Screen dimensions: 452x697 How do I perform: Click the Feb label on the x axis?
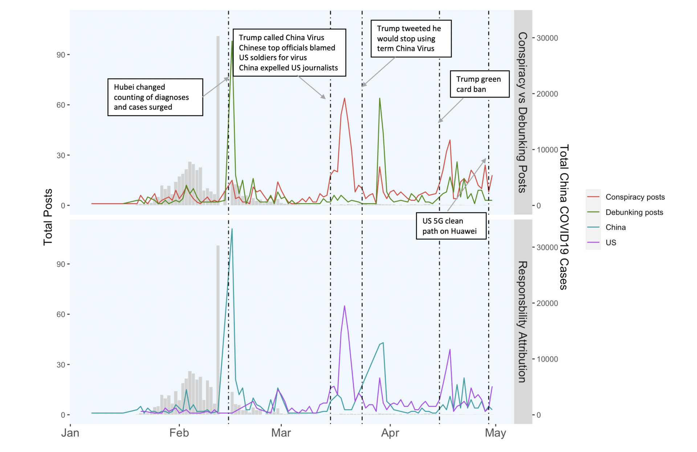(179, 433)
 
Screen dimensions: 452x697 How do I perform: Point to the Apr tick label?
(390, 433)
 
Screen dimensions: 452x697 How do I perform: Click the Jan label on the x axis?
(70, 433)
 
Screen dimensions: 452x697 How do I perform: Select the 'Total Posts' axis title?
(48, 217)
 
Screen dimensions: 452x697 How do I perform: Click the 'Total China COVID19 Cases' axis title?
(563, 217)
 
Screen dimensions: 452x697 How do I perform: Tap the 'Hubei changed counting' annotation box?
(155, 97)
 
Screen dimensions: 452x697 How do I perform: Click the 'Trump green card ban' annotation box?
(480, 84)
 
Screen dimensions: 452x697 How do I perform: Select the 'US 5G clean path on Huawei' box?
(451, 226)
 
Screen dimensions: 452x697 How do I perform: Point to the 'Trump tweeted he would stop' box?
(411, 38)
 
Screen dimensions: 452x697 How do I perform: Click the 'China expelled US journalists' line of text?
(288, 68)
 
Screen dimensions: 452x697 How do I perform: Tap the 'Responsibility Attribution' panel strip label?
(522, 321)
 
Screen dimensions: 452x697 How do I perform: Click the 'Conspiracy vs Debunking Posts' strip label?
(522, 112)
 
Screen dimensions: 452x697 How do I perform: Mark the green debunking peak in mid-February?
(232, 41)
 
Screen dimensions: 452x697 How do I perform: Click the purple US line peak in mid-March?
(345, 306)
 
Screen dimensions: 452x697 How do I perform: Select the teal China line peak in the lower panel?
(232, 229)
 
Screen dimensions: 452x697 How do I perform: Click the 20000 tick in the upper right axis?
(547, 94)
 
